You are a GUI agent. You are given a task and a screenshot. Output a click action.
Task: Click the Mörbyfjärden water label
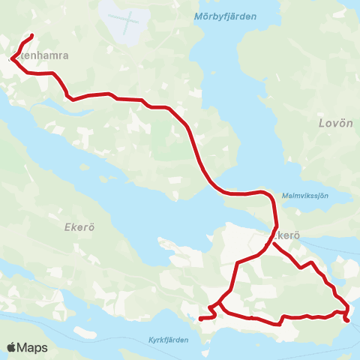point(225,16)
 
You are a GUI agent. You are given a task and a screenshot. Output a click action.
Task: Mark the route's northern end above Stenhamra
point(31,36)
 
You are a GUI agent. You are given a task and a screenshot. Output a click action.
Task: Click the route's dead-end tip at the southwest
point(200,319)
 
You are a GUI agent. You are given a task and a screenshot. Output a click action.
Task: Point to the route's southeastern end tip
point(347,321)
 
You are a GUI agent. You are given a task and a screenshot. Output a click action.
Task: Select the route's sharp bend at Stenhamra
point(11,58)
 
